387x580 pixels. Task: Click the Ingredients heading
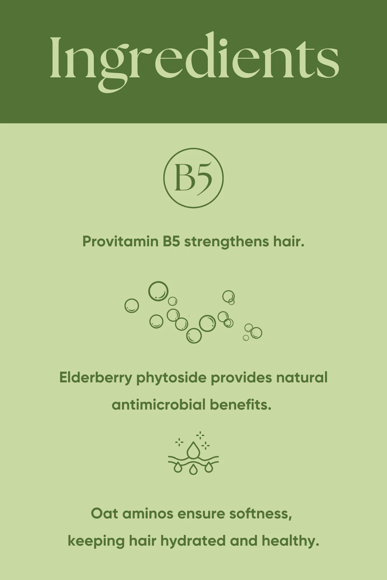tap(194, 61)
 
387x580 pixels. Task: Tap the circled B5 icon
tap(193, 178)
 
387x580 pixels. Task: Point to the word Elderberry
tap(96, 378)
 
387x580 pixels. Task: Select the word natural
tap(302, 378)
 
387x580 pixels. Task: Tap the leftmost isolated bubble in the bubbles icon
tap(132, 306)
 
